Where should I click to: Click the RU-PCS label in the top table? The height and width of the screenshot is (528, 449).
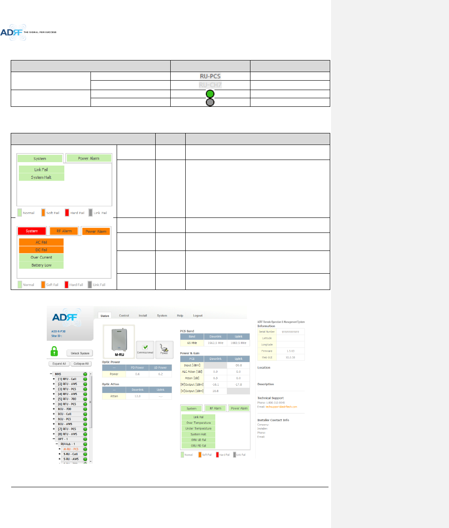click(x=210, y=76)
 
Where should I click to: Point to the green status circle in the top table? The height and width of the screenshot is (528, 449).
click(x=210, y=94)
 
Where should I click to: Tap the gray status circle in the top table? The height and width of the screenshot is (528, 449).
click(x=210, y=103)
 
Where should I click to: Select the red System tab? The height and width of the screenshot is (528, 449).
click(x=32, y=231)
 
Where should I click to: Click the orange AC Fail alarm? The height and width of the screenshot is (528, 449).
click(x=41, y=242)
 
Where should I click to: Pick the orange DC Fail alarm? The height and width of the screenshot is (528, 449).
click(x=41, y=250)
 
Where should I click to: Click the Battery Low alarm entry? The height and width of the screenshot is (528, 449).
click(x=41, y=265)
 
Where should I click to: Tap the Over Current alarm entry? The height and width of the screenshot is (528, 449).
click(x=41, y=257)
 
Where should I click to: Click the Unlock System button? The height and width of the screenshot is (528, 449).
click(x=80, y=353)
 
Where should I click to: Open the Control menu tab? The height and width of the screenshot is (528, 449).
click(x=124, y=316)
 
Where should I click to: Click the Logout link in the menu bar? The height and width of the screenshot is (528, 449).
click(x=198, y=316)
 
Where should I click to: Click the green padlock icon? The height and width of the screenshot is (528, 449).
click(x=54, y=352)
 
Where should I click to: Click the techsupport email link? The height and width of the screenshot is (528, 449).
click(x=281, y=407)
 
